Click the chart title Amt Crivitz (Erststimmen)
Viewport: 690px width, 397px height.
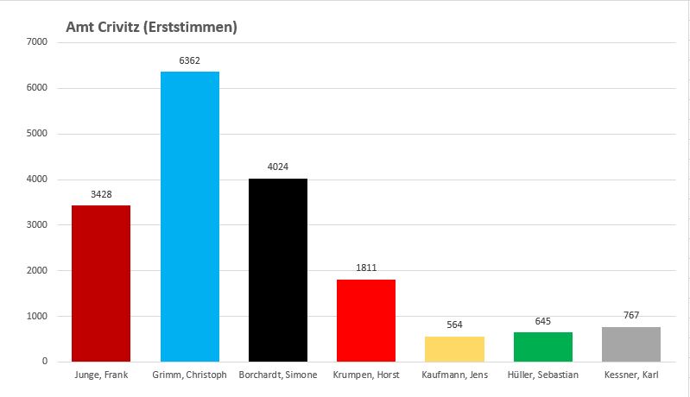pyautogui.click(x=152, y=28)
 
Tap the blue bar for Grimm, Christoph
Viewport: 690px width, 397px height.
pyautogui.click(x=190, y=216)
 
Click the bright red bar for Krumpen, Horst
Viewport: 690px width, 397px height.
pyautogui.click(x=366, y=320)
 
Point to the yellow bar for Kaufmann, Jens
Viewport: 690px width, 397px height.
pyautogui.click(x=454, y=349)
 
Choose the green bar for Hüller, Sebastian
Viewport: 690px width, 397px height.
pyautogui.click(x=542, y=347)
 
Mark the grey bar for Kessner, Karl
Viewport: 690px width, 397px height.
pyautogui.click(x=631, y=344)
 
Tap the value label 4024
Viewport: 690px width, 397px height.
pyautogui.click(x=278, y=167)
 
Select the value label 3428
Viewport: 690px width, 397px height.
pyautogui.click(x=101, y=195)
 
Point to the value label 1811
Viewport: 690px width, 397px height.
pyautogui.click(x=366, y=268)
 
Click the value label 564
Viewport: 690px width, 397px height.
pyautogui.click(x=454, y=325)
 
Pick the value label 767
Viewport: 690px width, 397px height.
pyautogui.click(x=631, y=316)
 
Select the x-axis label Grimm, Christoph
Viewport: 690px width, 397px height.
pyautogui.click(x=190, y=375)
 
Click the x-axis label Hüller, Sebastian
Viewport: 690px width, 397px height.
pyautogui.click(x=542, y=375)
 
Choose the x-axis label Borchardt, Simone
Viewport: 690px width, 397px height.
pyautogui.click(x=278, y=375)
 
